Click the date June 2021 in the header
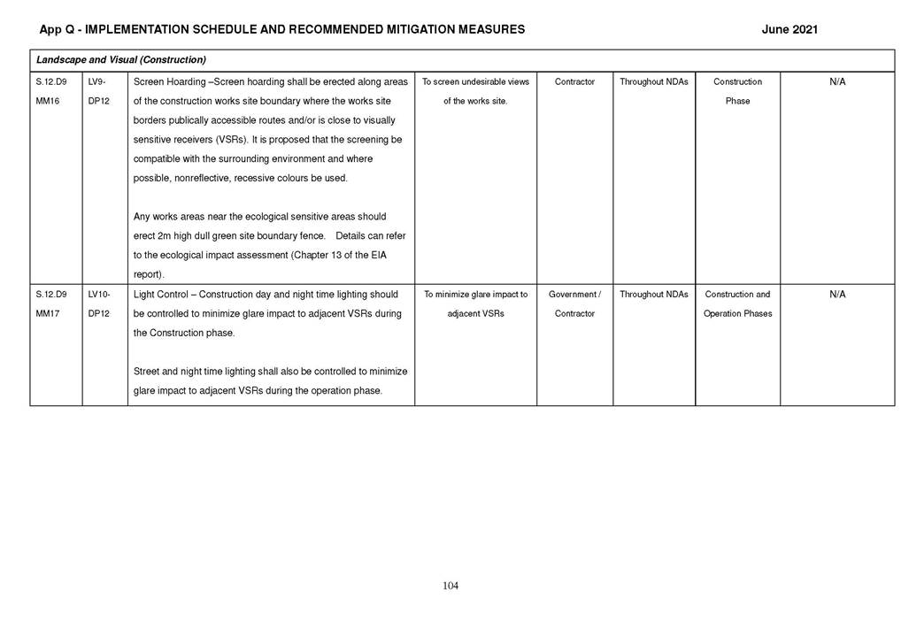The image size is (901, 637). pyautogui.click(x=789, y=29)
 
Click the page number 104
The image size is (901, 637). pyautogui.click(x=450, y=586)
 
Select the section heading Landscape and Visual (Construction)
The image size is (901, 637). pyautogui.click(x=121, y=60)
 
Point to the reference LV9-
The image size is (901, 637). pyautogui.click(x=98, y=82)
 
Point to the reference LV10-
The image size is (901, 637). pyautogui.click(x=100, y=295)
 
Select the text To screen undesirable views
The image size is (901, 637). pyautogui.click(x=475, y=82)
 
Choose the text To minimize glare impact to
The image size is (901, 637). pyautogui.click(x=475, y=295)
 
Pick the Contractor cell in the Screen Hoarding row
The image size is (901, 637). pyautogui.click(x=574, y=82)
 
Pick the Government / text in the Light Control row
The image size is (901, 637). pyautogui.click(x=574, y=295)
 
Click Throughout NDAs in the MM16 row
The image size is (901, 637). pyautogui.click(x=653, y=82)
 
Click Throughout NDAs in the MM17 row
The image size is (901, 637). pyautogui.click(x=653, y=295)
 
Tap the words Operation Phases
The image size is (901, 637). pyautogui.click(x=737, y=314)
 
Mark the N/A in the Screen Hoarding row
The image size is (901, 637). pyautogui.click(x=836, y=82)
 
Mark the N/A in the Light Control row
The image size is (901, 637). pyautogui.click(x=836, y=295)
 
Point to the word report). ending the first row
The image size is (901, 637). pyautogui.click(x=149, y=275)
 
